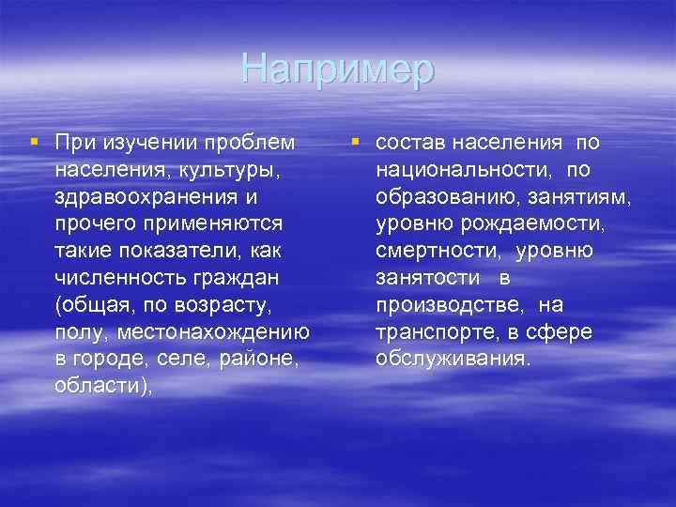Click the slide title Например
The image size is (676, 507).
(338, 69)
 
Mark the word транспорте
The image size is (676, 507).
(427, 333)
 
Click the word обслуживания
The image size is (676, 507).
(452, 361)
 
